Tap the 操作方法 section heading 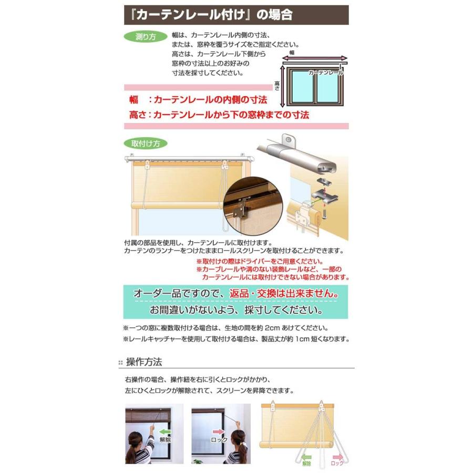click(143, 362)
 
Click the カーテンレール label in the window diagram click(326, 73)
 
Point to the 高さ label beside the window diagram click(277, 85)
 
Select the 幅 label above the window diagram click(292, 53)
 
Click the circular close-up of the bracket click(253, 205)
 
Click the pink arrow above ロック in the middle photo click(218, 431)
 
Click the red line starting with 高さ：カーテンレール click(219, 114)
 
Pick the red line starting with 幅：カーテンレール click(199, 99)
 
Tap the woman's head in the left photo click(135, 439)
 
